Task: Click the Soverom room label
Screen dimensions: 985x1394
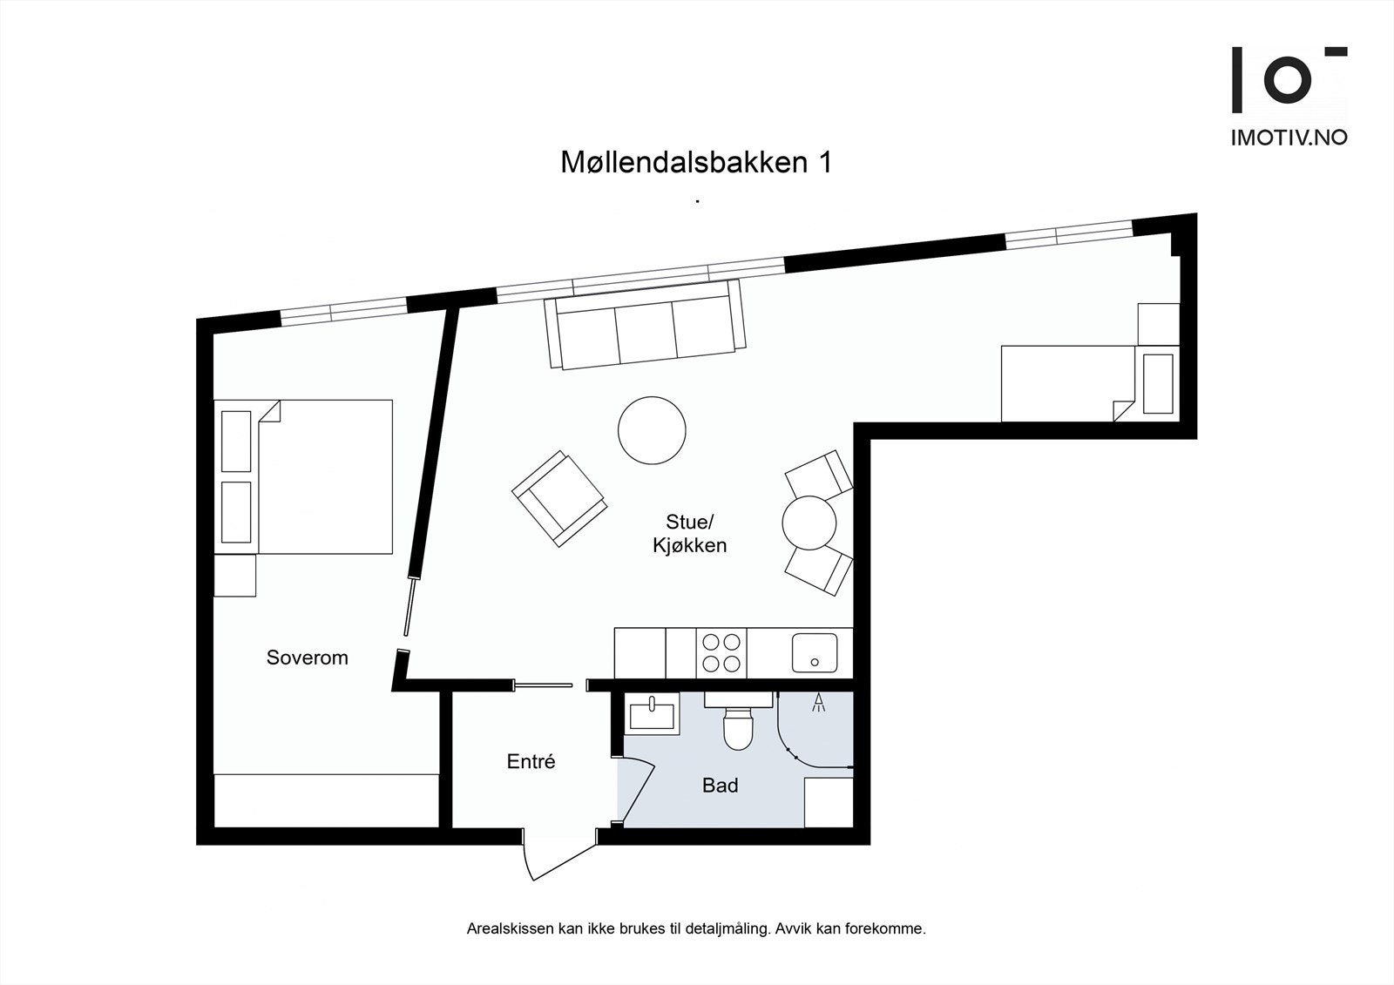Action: [x=307, y=658]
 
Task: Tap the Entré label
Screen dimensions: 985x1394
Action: [x=531, y=761]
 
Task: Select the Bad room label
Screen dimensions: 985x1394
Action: [x=720, y=786]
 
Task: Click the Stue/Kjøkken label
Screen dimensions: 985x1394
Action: [x=689, y=534]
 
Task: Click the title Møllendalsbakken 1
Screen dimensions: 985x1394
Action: [x=695, y=163]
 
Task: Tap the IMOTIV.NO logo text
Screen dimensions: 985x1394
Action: [x=1288, y=138]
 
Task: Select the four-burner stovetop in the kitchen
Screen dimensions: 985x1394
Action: [x=722, y=652]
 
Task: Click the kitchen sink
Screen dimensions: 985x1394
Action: [x=814, y=652]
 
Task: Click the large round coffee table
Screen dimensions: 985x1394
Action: [x=652, y=430]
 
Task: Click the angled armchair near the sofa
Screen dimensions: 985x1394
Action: [x=558, y=498]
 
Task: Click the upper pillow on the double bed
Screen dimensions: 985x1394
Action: [x=236, y=441]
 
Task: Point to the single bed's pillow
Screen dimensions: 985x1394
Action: [x=1158, y=383]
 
